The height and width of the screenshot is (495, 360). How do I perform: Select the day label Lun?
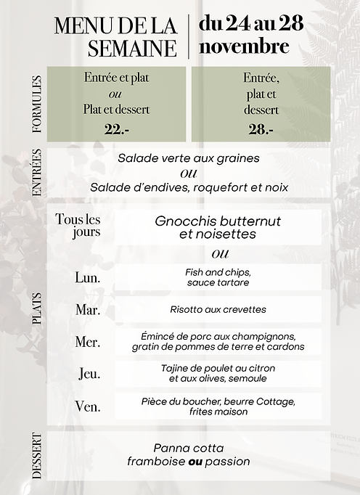[88, 277]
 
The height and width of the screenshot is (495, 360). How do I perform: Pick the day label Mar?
[88, 310]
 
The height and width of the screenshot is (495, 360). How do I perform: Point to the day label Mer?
[88, 342]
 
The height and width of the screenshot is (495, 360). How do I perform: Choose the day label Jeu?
[89, 374]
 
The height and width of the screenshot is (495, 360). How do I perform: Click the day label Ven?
[88, 406]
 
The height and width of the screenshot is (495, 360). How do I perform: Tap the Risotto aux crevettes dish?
[218, 309]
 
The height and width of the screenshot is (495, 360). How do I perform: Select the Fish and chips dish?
[218, 277]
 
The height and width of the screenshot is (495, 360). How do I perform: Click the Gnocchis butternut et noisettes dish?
[218, 227]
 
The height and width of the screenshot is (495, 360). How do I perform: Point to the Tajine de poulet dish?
[218, 373]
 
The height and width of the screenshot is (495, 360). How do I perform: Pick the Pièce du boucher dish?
[218, 406]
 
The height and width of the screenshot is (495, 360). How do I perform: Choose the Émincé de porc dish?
[218, 341]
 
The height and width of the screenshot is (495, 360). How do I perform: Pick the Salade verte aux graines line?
[189, 157]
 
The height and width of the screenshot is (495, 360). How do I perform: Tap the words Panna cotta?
[189, 448]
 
